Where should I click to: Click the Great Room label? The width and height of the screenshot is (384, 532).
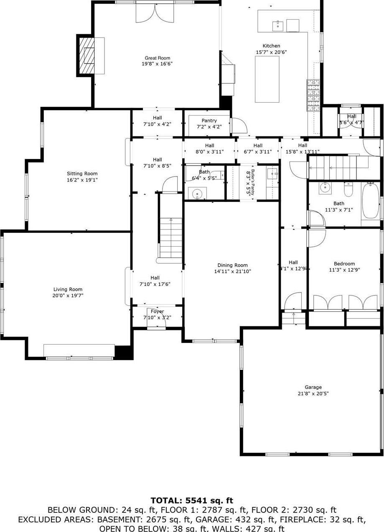[157, 58]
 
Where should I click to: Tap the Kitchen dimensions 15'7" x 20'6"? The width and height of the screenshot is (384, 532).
[271, 52]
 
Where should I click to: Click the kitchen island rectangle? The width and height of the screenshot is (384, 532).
[267, 79]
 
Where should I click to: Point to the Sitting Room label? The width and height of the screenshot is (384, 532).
[82, 174]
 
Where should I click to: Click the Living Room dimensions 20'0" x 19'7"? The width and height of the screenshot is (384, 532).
[68, 295]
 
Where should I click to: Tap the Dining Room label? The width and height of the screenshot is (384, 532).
[232, 265]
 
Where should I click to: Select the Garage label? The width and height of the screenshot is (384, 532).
[313, 387]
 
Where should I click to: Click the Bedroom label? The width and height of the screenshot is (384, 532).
[344, 264]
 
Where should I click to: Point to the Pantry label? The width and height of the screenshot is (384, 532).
[209, 121]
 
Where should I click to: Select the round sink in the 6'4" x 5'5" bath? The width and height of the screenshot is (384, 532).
[196, 194]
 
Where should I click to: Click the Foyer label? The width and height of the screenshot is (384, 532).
[157, 311]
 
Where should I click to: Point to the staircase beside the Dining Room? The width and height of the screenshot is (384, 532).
[170, 238]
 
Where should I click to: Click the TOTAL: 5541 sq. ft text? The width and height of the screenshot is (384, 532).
[192, 500]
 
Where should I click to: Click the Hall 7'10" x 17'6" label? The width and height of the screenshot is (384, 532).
[155, 278]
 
